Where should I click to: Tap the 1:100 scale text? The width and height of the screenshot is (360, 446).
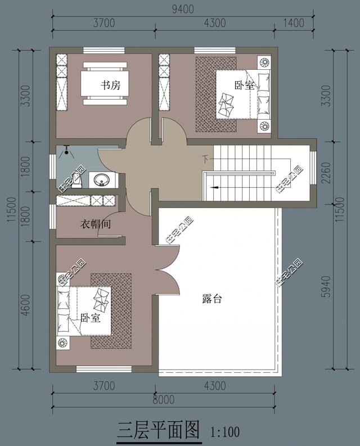(x=225, y=432)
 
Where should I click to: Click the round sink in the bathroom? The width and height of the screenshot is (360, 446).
(x=102, y=180)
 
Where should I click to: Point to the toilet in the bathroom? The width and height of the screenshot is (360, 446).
(x=79, y=181)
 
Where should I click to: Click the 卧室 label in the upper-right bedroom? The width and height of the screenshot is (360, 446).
(x=245, y=86)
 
